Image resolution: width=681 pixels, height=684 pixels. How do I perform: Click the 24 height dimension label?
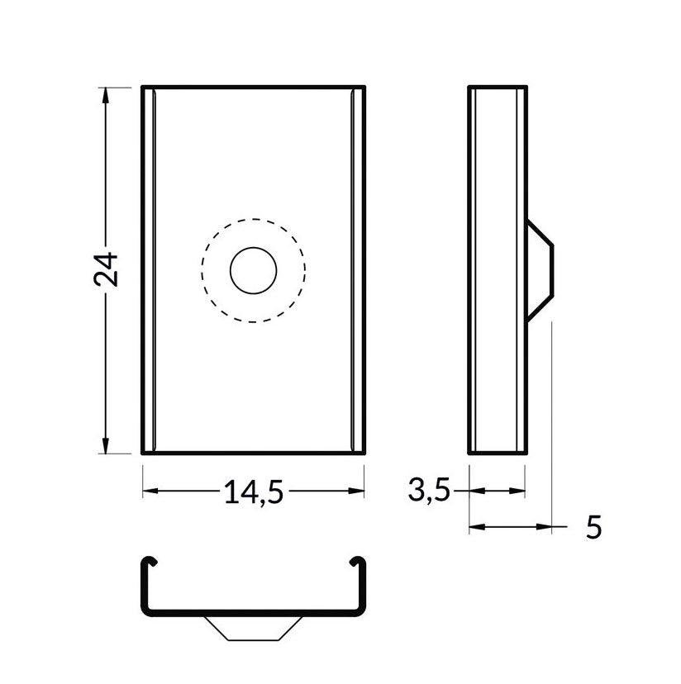tap(107, 269)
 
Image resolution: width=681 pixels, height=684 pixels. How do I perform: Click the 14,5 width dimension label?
tap(253, 492)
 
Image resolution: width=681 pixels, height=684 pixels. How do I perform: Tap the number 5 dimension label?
tap(593, 527)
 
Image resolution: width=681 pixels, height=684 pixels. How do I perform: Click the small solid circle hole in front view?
tap(253, 269)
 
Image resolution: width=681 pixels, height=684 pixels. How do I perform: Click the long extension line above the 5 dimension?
tap(551, 413)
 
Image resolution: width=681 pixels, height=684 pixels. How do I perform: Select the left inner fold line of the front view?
tap(153, 269)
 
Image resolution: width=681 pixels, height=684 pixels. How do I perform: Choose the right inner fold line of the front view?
tap(354, 269)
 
